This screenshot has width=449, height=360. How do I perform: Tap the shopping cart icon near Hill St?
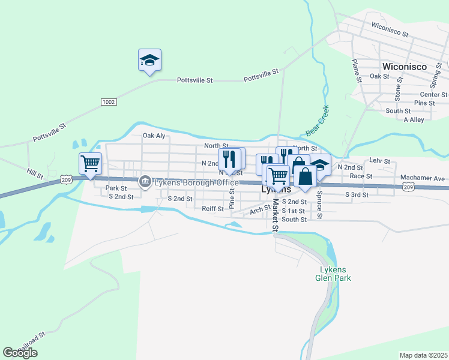90,163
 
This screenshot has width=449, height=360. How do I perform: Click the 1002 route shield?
108,102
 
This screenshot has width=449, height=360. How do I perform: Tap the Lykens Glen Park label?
333,274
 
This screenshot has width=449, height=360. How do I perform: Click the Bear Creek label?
318,121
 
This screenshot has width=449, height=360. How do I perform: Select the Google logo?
20,353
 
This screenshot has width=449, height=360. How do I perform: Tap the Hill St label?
35,174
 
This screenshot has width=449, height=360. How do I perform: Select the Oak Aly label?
154,136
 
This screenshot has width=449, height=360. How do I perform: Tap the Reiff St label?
212,208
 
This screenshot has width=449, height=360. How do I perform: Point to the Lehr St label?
379,161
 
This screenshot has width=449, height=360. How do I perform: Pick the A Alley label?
414,119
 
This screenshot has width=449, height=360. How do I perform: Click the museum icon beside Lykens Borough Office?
145,181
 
